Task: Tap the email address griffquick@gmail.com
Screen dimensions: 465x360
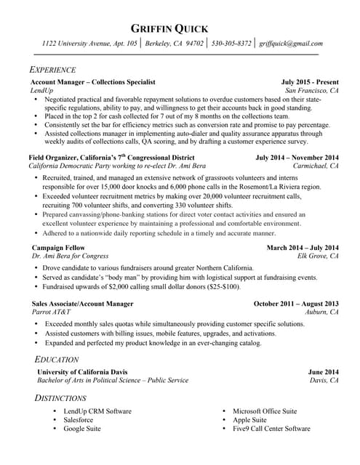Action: (291, 44)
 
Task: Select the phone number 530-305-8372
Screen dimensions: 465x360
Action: (231, 44)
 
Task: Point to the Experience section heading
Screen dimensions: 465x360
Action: (52, 70)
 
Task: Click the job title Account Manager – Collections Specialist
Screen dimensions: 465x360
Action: (92, 83)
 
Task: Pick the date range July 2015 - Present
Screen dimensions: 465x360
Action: (310, 83)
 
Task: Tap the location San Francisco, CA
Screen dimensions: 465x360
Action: (312, 92)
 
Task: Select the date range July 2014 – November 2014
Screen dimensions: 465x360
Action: (297, 157)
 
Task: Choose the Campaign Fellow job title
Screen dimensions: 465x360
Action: (57, 248)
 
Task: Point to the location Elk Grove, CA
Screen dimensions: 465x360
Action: (318, 256)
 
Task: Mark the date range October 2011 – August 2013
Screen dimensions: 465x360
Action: (296, 303)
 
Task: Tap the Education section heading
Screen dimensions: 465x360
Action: (57, 360)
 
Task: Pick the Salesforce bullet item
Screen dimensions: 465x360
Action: (78, 420)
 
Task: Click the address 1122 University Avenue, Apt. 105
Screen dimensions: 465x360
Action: (89, 44)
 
